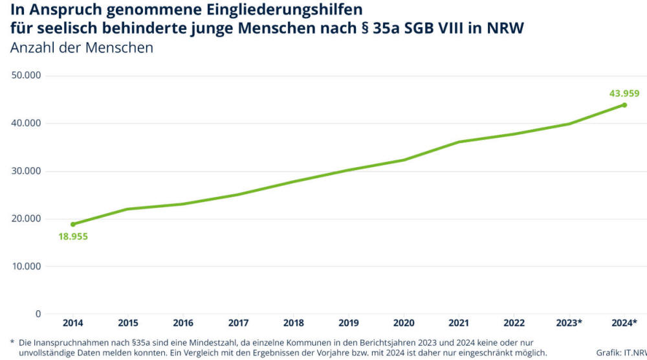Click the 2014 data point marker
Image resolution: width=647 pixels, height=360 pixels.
coord(73,224)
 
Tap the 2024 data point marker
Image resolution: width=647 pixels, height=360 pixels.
coord(624,105)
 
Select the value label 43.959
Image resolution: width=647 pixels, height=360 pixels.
coord(624,93)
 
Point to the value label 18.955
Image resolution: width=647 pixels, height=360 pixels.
coord(72,236)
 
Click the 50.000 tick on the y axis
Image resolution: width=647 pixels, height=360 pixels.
coord(27,75)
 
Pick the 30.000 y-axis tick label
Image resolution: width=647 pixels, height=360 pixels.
coord(27,171)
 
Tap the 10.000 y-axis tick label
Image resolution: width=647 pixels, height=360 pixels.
coord(27,266)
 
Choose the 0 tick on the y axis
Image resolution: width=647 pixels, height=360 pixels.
coord(38,314)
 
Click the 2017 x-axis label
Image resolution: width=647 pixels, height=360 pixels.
coord(238,322)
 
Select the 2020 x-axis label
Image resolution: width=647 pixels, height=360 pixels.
coord(404,322)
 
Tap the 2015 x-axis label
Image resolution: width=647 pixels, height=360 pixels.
coord(128,322)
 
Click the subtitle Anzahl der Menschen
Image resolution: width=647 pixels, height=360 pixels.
coord(82,48)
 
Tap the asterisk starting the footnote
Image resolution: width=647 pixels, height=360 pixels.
coord(12,342)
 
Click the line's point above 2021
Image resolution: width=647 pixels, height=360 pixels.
coord(459,142)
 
